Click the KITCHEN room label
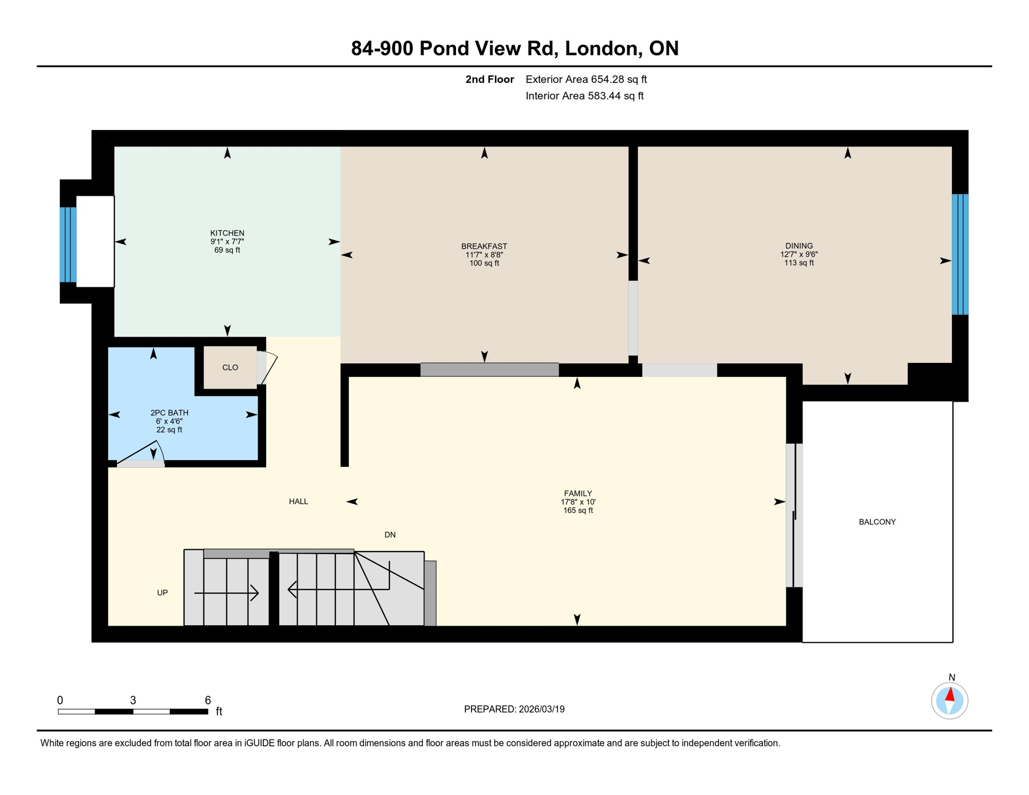coord(227,233)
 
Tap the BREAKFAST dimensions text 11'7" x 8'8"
coord(484,255)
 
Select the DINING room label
coord(799,246)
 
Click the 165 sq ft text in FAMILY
coord(578,510)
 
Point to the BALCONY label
coord(877,522)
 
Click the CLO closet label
coord(230,367)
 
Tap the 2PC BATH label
coord(169,413)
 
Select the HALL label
coord(298,501)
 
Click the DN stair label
coord(390,535)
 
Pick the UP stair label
coord(162,593)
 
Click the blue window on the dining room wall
coord(960,254)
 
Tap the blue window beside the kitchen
coord(68,244)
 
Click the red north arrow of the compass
coord(950,695)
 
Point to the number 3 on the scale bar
coord(133,700)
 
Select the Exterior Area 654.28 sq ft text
coord(586,79)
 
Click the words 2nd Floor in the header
coord(489,79)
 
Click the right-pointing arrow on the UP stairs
coord(254,593)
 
